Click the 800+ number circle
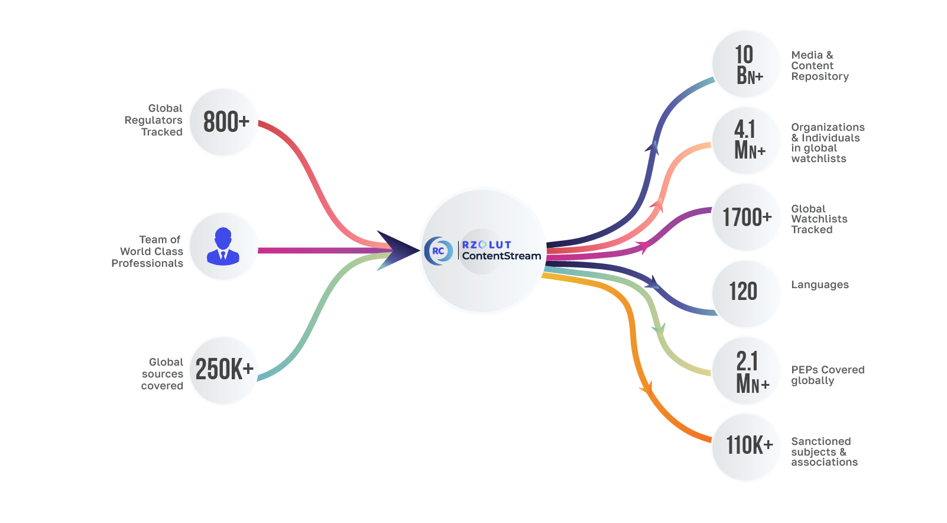click(x=223, y=122)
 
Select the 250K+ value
click(x=224, y=369)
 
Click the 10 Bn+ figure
click(x=749, y=64)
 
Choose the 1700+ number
click(x=747, y=217)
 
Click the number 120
click(x=743, y=292)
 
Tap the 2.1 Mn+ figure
click(x=752, y=372)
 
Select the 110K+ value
click(x=749, y=445)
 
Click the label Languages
click(x=820, y=285)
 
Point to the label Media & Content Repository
click(x=820, y=66)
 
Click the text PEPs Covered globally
click(x=828, y=375)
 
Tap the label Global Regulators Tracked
click(x=154, y=120)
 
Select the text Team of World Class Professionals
click(x=147, y=251)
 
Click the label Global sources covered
click(x=163, y=374)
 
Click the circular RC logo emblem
click(x=439, y=251)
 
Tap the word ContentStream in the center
click(x=501, y=256)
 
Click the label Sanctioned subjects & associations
click(x=825, y=452)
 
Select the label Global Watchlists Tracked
click(x=819, y=219)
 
